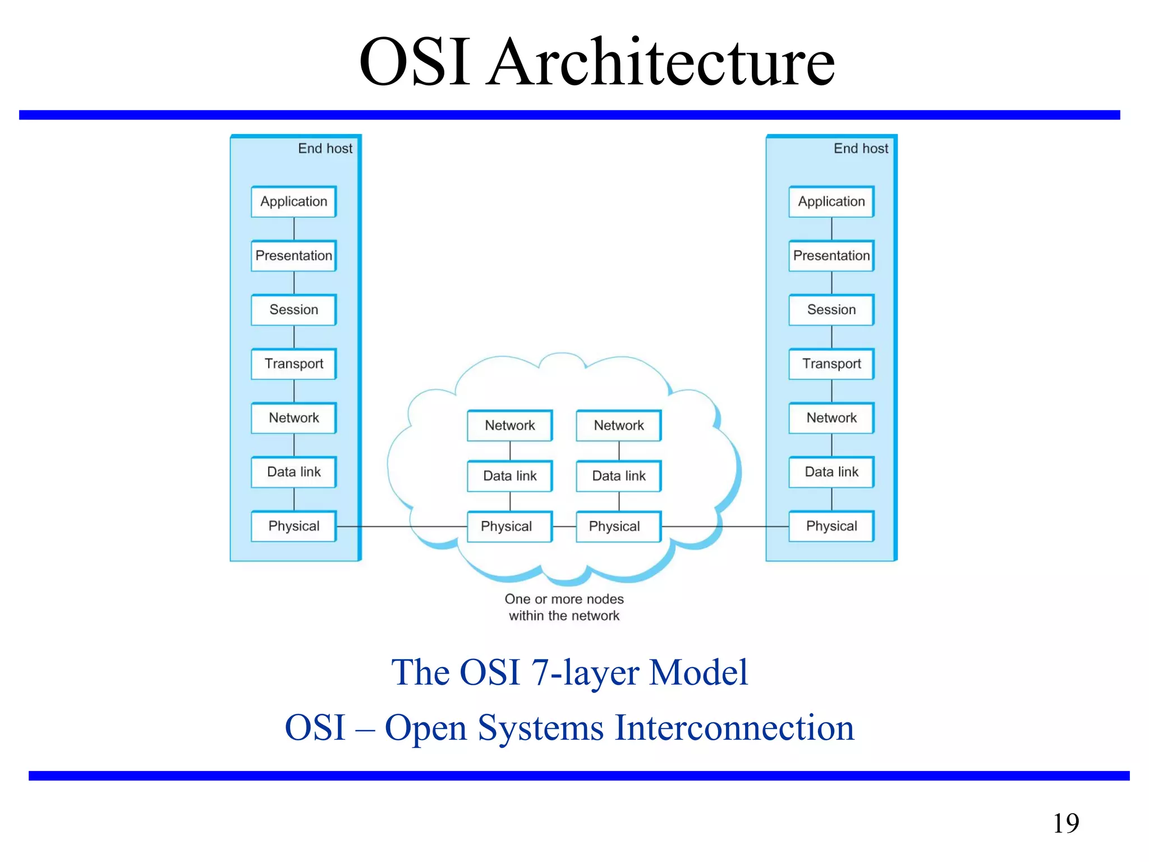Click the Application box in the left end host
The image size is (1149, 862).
coord(293,201)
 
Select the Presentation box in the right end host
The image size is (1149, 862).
coord(831,256)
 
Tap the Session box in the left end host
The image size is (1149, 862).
coord(293,310)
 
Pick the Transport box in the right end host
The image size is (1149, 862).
coord(831,364)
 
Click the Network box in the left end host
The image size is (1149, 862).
coord(293,418)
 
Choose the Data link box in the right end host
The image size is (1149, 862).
coord(831,472)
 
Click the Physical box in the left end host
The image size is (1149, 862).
coord(293,526)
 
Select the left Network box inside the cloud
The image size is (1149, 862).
coord(509,425)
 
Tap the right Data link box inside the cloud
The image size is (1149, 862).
coord(618,476)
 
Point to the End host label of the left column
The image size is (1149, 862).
coord(325,149)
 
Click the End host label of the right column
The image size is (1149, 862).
coord(861,149)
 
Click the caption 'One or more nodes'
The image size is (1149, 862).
coord(564,599)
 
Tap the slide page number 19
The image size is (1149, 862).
coord(1065,823)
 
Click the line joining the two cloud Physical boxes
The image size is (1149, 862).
coord(564,527)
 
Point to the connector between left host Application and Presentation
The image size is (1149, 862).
coord(294,229)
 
